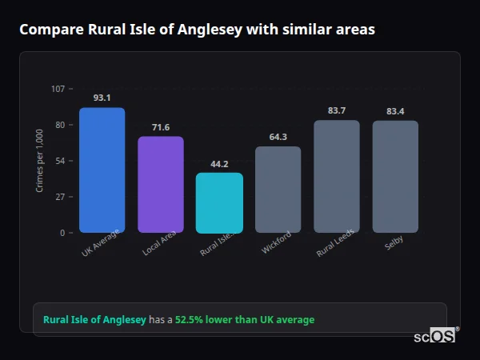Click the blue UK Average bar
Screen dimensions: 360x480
pyautogui.click(x=102, y=170)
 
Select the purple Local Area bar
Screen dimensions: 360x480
pyautogui.click(x=161, y=185)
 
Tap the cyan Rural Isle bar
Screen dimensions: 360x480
pyautogui.click(x=219, y=203)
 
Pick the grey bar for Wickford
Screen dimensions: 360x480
pyautogui.click(x=278, y=190)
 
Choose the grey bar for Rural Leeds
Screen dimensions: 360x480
pyautogui.click(x=337, y=177)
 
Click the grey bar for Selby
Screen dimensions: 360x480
pyautogui.click(x=395, y=177)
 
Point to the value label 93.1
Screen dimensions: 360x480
pyautogui.click(x=102, y=98)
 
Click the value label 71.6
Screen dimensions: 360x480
pyautogui.click(x=161, y=126)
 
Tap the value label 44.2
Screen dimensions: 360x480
pyautogui.click(x=219, y=163)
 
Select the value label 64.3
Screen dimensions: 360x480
pyautogui.click(x=278, y=137)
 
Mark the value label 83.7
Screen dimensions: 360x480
pyautogui.click(x=337, y=110)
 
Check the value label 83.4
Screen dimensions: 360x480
pyautogui.click(x=395, y=110)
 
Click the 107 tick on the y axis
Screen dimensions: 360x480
pyautogui.click(x=58, y=89)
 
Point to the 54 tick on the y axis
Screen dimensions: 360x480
pyautogui.click(x=60, y=161)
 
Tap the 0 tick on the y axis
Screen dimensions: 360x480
pyautogui.click(x=62, y=233)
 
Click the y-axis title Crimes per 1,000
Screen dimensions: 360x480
pyautogui.click(x=40, y=161)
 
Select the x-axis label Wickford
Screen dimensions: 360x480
pyautogui.click(x=276, y=243)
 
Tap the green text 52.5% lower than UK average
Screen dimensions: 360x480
pyautogui.click(x=245, y=320)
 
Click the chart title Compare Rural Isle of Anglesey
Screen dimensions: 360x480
pyautogui.click(x=197, y=30)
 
